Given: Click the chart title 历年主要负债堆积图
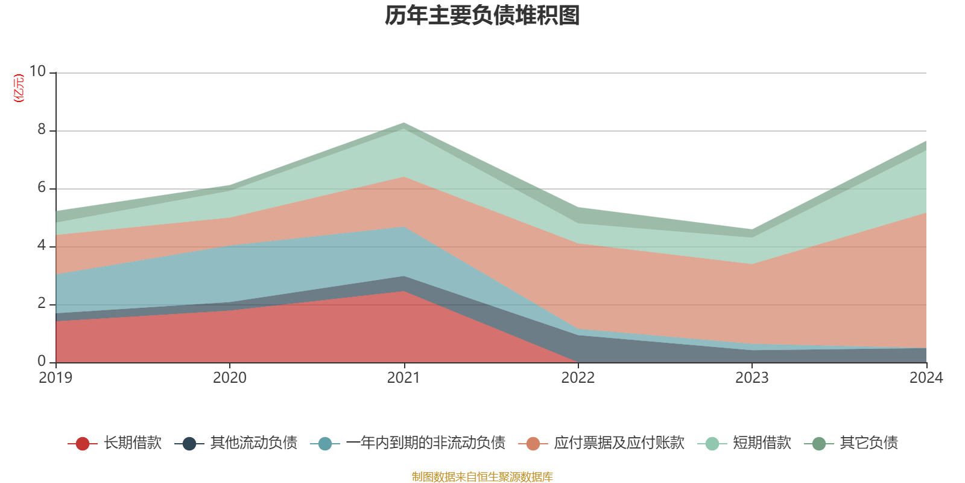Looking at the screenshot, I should pyautogui.click(x=482, y=16).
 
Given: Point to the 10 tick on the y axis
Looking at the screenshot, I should pyautogui.click(x=38, y=71).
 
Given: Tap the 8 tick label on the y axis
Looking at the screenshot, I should pyautogui.click(x=42, y=129).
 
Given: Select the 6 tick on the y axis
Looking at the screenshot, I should pyautogui.click(x=42, y=187).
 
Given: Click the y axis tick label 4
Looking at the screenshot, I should pyautogui.click(x=42, y=245).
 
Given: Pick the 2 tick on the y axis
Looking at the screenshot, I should pyautogui.click(x=42, y=303).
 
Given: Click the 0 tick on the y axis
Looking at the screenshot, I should pyautogui.click(x=42, y=361).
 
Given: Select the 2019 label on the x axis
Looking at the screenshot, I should pyautogui.click(x=55, y=378).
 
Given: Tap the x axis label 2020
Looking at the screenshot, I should pyautogui.click(x=230, y=378).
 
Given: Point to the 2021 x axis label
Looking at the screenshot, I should pyautogui.click(x=403, y=378).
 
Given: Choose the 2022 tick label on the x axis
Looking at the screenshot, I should pyautogui.click(x=578, y=378).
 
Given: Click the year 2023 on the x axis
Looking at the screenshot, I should pyautogui.click(x=752, y=378).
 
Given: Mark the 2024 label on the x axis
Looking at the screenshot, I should pyautogui.click(x=926, y=378).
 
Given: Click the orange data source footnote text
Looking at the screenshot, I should pyautogui.click(x=482, y=477).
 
